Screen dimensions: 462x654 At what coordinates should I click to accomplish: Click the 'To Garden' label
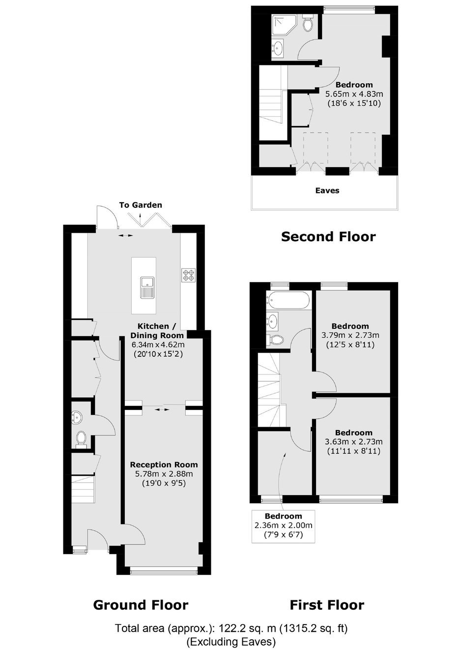(140, 205)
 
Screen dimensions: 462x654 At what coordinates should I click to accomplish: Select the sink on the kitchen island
(147, 288)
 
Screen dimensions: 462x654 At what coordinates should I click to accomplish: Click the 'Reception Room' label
(164, 465)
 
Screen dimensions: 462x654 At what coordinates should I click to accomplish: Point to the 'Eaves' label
(327, 190)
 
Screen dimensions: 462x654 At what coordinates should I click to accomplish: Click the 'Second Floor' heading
(328, 237)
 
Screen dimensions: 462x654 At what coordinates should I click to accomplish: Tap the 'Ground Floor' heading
(141, 605)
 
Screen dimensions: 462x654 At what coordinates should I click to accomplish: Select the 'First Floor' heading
(327, 605)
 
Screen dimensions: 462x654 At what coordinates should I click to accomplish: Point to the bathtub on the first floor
(287, 301)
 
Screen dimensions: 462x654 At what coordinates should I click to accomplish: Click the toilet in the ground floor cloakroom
(81, 440)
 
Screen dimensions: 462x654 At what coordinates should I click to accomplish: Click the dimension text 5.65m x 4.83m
(354, 94)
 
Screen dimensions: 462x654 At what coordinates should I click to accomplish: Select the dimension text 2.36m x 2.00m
(284, 526)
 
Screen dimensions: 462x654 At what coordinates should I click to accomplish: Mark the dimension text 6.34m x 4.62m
(158, 344)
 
